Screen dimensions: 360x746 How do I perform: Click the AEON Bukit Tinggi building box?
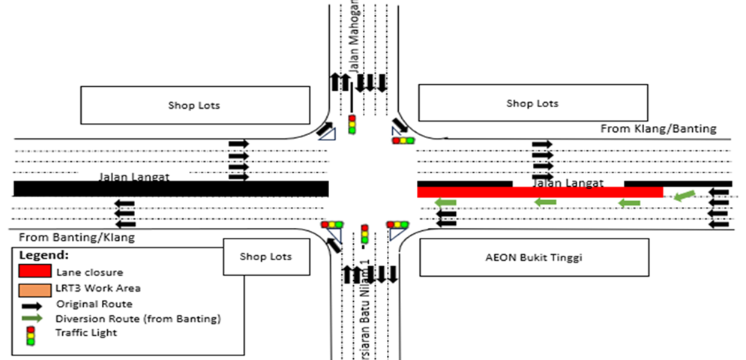pos(534,257)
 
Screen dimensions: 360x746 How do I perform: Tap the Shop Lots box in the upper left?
pos(194,105)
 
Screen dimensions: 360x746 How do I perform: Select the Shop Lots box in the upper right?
pos(532,103)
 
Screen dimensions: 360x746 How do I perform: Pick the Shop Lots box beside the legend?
pos(265,256)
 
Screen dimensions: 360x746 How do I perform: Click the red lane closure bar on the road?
pos(540,192)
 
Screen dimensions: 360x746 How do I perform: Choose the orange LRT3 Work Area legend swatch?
pos(35,288)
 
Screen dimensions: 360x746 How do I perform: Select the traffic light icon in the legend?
pos(31,334)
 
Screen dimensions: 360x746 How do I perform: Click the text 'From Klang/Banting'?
pos(658,129)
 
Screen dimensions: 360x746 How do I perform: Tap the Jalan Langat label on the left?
pos(133,178)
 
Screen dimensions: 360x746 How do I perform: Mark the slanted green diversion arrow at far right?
pos(685,196)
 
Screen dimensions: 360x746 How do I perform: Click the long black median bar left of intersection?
pos(170,188)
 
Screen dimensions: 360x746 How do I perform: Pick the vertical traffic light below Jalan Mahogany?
pos(351,124)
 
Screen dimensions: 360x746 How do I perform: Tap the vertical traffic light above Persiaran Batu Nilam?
pos(365,235)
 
